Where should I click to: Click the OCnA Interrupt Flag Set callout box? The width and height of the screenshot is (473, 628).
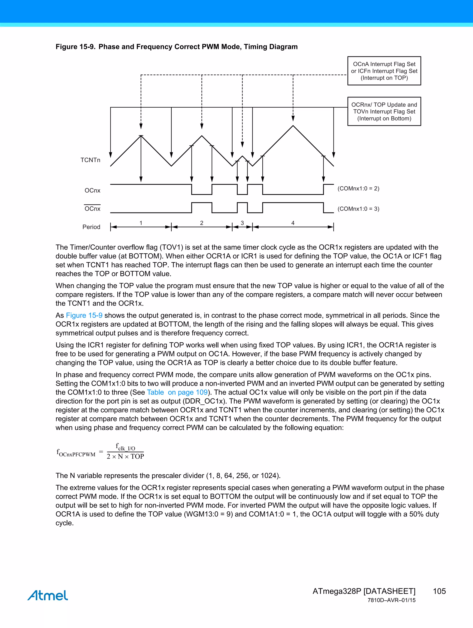coord(384,71)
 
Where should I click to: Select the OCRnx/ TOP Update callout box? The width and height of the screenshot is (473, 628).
coord(384,111)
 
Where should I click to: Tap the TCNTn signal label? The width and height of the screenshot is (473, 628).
coord(90,160)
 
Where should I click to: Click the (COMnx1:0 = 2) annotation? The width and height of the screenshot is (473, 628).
coord(358,188)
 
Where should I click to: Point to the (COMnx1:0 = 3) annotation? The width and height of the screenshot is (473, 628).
coord(358,209)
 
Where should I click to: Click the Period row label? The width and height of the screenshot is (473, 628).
coord(91,227)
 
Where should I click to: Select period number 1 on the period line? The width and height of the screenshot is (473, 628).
coord(141,223)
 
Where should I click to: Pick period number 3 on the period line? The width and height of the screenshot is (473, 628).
coord(242,223)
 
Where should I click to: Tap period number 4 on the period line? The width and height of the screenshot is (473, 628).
coord(293,223)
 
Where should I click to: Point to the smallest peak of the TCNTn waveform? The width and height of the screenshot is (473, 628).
coord(242,156)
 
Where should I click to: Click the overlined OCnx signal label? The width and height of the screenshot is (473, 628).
coord(92,209)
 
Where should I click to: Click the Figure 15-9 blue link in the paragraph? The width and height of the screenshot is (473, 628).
coord(84,316)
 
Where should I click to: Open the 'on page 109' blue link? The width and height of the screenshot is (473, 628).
coord(187,392)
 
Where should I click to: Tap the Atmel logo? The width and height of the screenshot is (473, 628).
coord(48,595)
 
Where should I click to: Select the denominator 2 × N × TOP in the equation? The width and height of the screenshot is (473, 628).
coord(125,457)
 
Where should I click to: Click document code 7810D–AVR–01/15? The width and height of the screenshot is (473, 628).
coord(391,600)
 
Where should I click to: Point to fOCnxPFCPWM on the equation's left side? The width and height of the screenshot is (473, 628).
coord(76,453)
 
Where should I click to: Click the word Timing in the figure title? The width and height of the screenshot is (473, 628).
coord(254,47)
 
